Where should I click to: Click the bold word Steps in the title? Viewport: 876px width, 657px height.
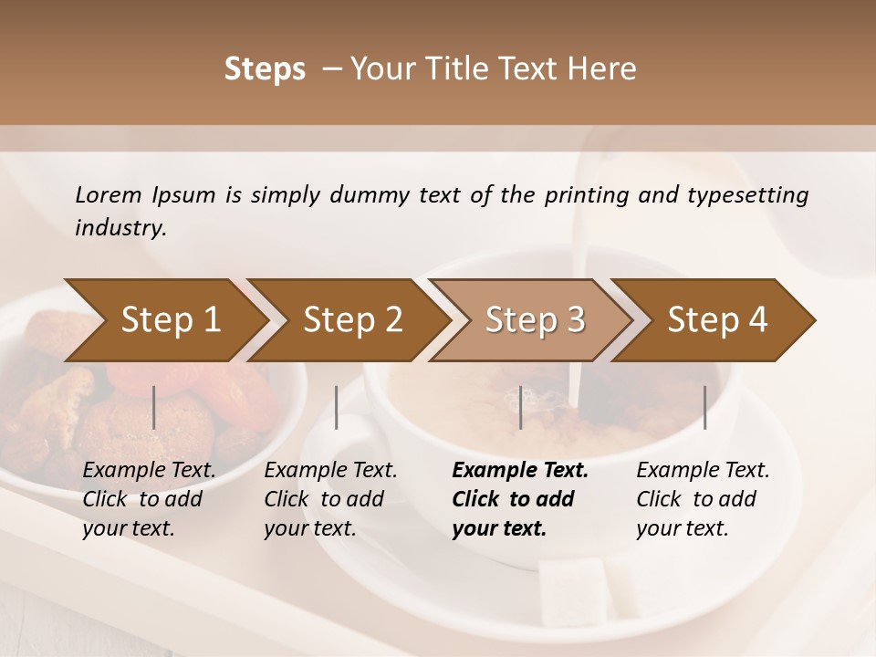[x=265, y=69]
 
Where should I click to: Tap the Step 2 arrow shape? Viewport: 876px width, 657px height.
[x=351, y=320]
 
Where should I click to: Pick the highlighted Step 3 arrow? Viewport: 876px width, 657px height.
[x=534, y=320]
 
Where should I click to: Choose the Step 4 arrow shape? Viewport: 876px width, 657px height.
[x=716, y=320]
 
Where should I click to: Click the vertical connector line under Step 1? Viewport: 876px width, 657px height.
[x=154, y=407]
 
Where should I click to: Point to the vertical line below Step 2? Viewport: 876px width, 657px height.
[x=337, y=407]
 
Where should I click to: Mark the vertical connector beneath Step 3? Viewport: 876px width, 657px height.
[x=521, y=407]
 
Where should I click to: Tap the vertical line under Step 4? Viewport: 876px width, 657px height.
[x=705, y=407]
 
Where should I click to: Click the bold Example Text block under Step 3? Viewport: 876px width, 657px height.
[x=520, y=499]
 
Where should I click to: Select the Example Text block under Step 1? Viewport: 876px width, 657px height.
[x=149, y=499]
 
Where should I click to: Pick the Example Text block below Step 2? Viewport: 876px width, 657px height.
[x=330, y=499]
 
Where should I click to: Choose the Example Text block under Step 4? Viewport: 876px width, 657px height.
[x=703, y=499]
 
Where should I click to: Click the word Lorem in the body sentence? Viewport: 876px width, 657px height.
[x=109, y=195]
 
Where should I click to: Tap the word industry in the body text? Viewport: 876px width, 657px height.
[x=120, y=228]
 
